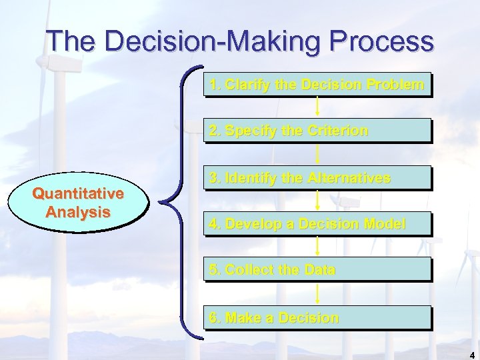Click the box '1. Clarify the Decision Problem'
[317, 85]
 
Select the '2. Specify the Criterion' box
[317, 131]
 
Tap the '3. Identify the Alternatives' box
[317, 178]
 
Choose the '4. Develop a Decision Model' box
[317, 224]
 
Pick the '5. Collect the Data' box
[317, 270]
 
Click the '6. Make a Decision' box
[317, 318]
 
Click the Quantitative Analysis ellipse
[78, 203]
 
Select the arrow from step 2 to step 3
[317, 154]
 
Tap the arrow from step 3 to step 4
[317, 201]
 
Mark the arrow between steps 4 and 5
[317, 247]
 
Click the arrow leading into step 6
[317, 294]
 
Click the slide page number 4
[471, 354]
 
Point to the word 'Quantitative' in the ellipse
[78, 194]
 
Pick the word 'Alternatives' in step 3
[349, 178]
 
